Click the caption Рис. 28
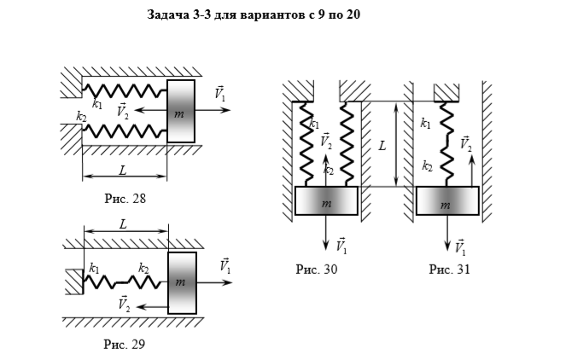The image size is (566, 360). [125, 199]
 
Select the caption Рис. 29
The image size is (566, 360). [125, 344]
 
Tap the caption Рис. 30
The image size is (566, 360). [317, 269]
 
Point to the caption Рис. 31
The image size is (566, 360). [450, 269]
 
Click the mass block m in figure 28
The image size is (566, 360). [181, 112]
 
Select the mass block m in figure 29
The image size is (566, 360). [183, 283]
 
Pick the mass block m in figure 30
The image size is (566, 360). [326, 201]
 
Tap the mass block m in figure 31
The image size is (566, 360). [447, 201]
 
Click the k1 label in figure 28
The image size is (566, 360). [97, 104]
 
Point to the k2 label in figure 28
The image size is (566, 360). [81, 116]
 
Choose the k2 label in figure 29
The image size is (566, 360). [143, 268]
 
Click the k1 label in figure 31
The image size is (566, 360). [425, 124]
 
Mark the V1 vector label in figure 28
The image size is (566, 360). [220, 94]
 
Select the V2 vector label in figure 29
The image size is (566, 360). [124, 304]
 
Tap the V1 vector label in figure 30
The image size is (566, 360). [341, 246]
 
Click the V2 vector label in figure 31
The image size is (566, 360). [466, 144]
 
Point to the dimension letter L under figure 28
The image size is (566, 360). [123, 171]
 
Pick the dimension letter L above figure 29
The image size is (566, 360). [124, 224]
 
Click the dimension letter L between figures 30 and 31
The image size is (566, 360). [382, 146]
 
